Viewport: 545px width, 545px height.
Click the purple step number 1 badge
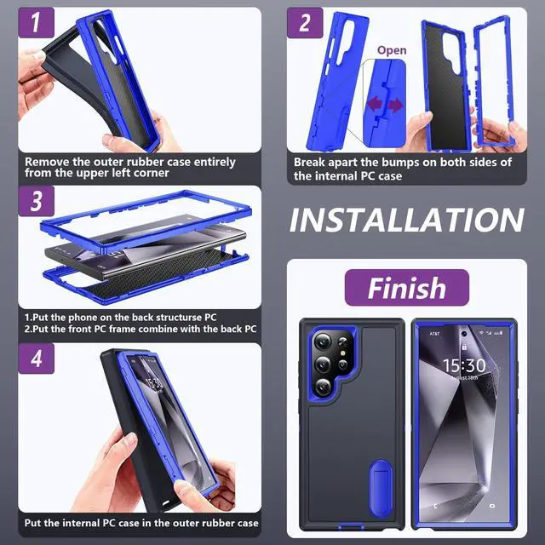36,23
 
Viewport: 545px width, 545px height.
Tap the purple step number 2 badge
305,23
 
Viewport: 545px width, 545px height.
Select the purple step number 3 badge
36,201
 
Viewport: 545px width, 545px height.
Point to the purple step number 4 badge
36,359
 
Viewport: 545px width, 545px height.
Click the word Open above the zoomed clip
392,51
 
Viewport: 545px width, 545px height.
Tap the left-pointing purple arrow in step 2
376,104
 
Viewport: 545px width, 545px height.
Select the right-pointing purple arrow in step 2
395,105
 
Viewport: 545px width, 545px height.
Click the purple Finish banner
407,288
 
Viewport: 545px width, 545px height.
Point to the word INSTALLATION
407,221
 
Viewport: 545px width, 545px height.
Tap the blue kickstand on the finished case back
381,489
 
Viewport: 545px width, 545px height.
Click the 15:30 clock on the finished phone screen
464,365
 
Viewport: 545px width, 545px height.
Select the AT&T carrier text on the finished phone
434,334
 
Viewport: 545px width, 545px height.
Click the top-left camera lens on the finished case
323,341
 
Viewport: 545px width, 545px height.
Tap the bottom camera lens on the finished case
323,387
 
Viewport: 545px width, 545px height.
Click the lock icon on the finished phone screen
464,347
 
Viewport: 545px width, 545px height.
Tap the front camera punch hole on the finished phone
464,334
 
